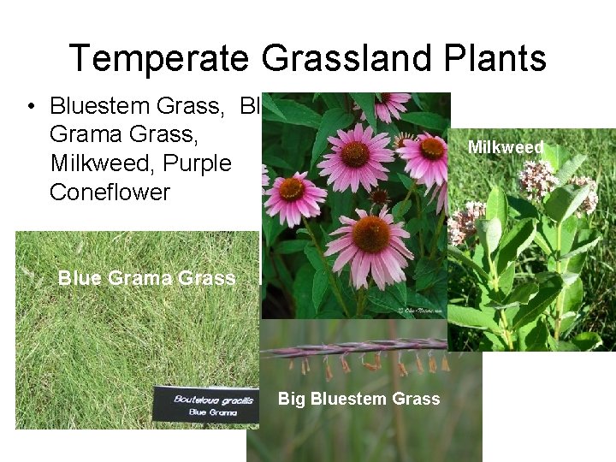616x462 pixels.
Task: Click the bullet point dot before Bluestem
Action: pyautogui.click(x=32, y=107)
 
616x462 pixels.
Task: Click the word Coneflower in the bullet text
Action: pyautogui.click(x=110, y=192)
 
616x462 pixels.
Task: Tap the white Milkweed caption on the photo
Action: pyautogui.click(x=506, y=148)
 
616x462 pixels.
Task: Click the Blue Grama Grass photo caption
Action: pyautogui.click(x=146, y=277)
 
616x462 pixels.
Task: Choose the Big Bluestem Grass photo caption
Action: pyautogui.click(x=358, y=399)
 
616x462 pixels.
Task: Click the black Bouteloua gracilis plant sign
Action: pyautogui.click(x=205, y=404)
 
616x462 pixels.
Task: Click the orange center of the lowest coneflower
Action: pyautogui.click(x=370, y=234)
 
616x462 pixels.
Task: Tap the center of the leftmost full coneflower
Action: pyautogui.click(x=292, y=188)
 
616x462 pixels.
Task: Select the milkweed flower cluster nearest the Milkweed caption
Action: pyautogui.click(x=537, y=178)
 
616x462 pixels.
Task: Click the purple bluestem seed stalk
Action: pyautogui.click(x=351, y=349)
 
